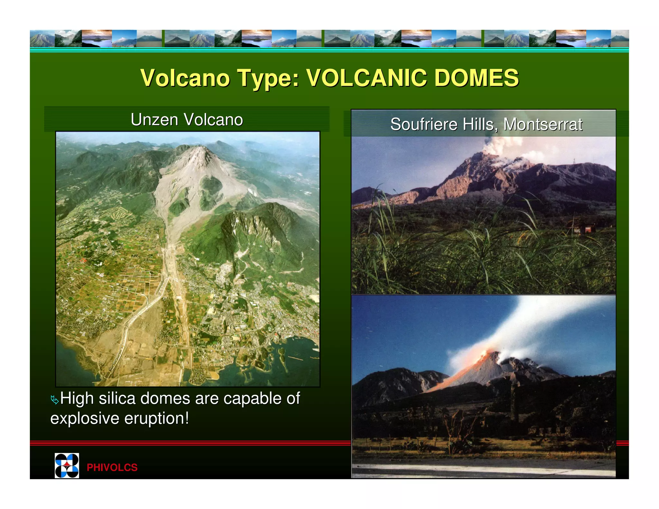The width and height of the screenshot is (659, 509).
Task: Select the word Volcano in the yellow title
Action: click(185, 78)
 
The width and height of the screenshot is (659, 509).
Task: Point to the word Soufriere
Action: click(423, 124)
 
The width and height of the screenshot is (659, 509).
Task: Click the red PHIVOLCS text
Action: click(112, 467)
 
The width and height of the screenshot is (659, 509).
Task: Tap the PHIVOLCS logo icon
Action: click(67, 466)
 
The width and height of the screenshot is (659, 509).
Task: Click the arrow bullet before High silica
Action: click(55, 400)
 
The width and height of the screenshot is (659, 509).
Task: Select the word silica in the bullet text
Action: click(117, 398)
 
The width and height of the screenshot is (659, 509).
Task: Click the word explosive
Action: click(85, 418)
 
